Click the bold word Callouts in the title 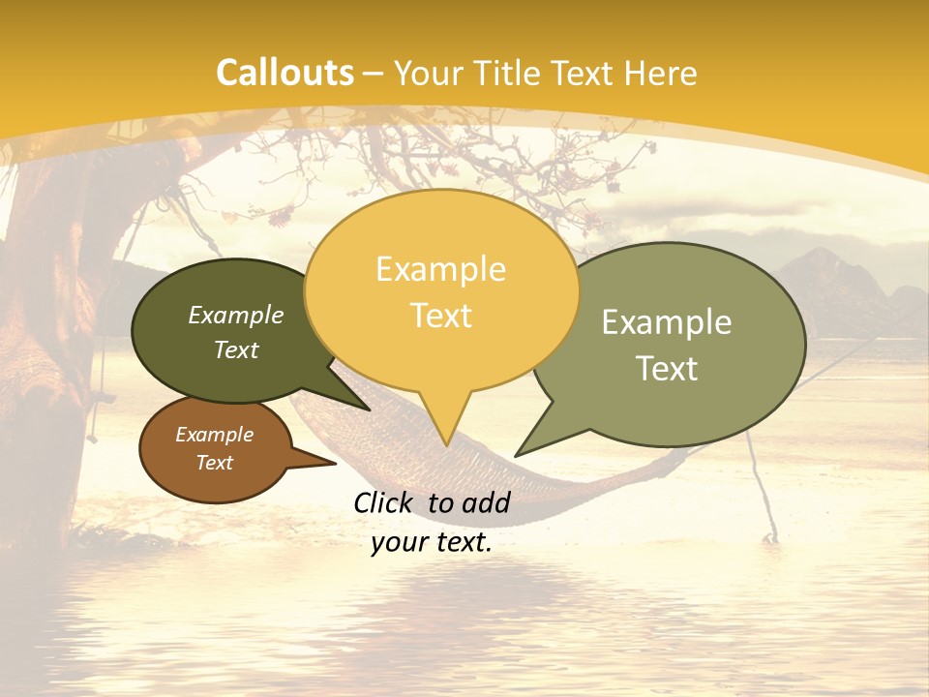click(x=285, y=73)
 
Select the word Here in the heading click(x=660, y=73)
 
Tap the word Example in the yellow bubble click(x=440, y=269)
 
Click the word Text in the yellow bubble click(x=440, y=316)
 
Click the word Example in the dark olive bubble click(x=236, y=315)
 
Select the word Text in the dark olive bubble click(x=236, y=349)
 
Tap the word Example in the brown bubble click(x=214, y=435)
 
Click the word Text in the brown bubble click(x=214, y=463)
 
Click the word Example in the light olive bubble click(x=667, y=322)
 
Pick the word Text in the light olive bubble click(x=667, y=369)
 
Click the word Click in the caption click(x=386, y=502)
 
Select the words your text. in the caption click(x=432, y=543)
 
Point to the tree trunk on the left click(x=48, y=319)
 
